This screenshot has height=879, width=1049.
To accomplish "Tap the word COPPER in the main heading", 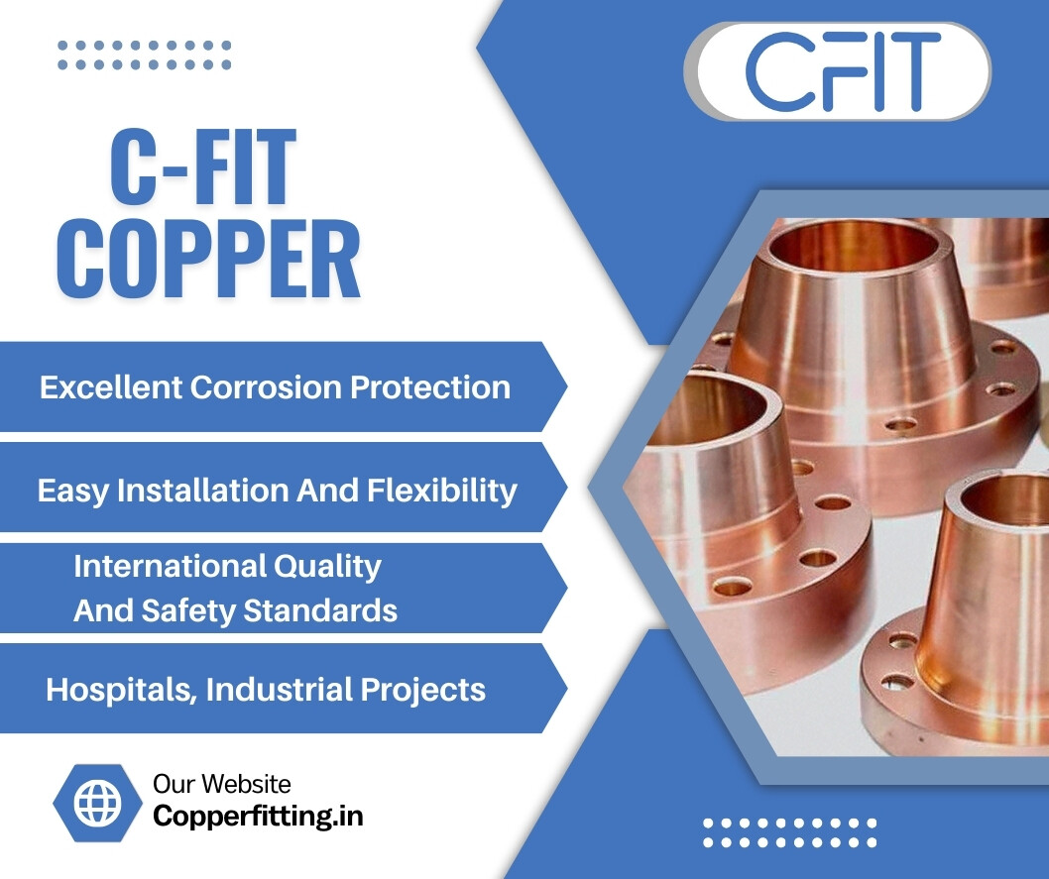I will (208, 261).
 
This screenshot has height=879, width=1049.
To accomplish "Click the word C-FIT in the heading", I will (203, 169).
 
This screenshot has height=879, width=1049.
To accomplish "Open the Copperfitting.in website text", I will (258, 816).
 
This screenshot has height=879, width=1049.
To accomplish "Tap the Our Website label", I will (222, 784).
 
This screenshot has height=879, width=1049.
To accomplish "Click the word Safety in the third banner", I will (188, 610).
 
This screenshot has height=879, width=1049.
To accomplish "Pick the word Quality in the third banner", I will (327, 566).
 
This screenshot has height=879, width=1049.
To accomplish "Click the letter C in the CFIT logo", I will (779, 70).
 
